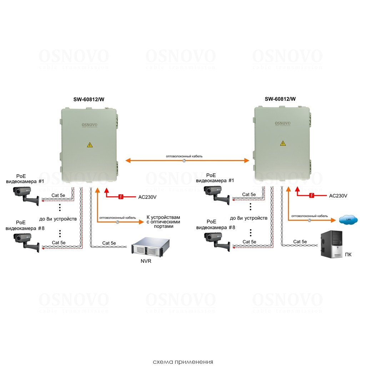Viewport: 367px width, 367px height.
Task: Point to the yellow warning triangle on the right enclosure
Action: click(283, 143)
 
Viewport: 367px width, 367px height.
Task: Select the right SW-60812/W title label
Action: click(280, 99)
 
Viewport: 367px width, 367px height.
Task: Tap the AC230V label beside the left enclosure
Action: click(147, 197)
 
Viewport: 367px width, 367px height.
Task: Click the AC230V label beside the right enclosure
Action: click(338, 196)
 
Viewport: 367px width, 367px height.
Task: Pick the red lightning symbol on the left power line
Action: click(121, 197)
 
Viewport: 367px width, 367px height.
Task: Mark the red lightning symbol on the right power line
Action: click(312, 195)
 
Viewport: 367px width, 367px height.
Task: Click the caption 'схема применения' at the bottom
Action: click(183, 362)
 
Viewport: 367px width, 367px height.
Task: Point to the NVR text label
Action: click(146, 261)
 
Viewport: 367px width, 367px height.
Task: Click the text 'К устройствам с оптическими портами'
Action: click(164, 222)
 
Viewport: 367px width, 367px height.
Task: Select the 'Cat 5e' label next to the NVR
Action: click(109, 243)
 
